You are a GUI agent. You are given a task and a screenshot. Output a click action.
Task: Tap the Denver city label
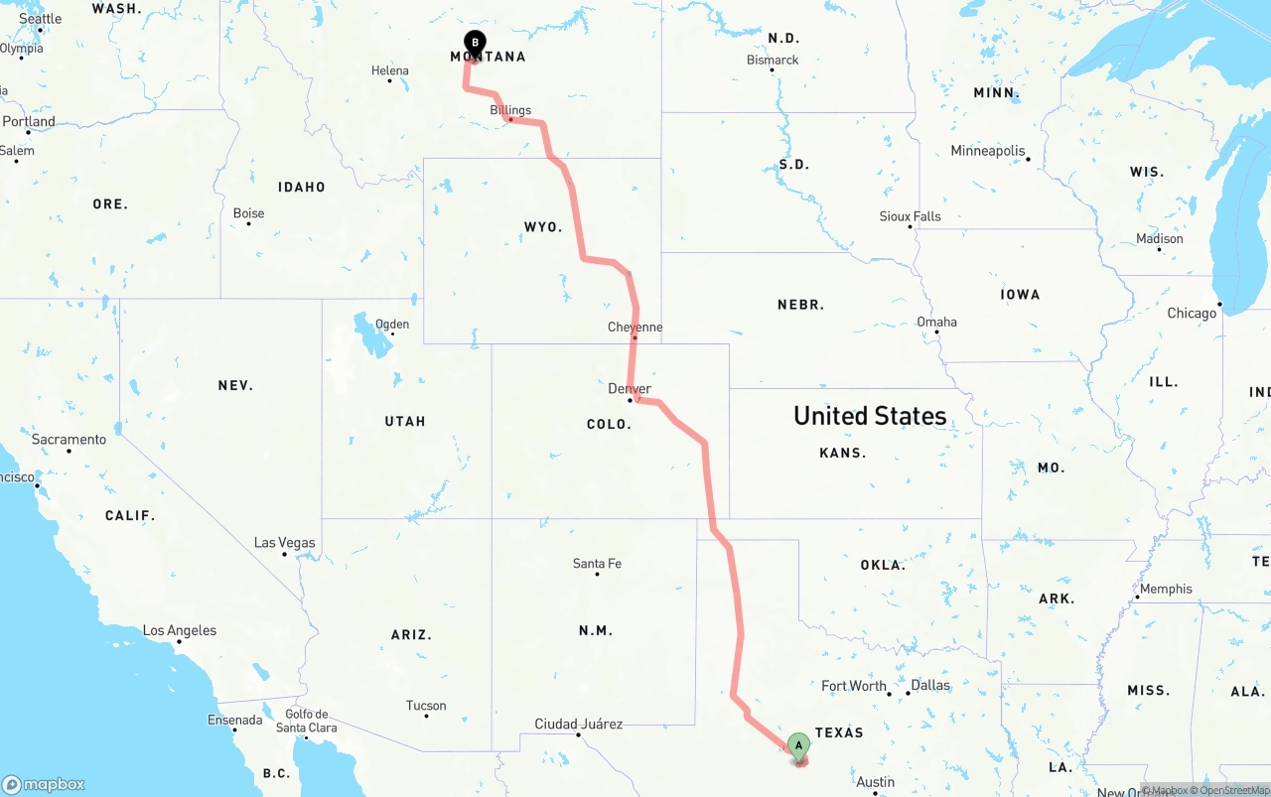click(x=630, y=389)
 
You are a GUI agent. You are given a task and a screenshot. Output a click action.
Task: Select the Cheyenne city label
click(x=635, y=328)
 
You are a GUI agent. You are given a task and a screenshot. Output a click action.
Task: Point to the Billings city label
click(x=510, y=110)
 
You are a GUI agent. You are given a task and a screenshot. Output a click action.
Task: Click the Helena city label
click(x=390, y=70)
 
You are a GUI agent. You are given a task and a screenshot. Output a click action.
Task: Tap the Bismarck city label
click(x=773, y=60)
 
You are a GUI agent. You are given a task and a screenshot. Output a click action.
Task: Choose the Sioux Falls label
click(x=910, y=216)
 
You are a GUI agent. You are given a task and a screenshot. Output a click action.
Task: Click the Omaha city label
click(x=936, y=322)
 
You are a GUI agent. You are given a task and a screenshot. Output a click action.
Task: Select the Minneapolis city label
click(x=988, y=151)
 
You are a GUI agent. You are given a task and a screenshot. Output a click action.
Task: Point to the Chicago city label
click(x=1192, y=313)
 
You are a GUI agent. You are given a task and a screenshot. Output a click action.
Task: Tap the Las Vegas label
click(x=285, y=543)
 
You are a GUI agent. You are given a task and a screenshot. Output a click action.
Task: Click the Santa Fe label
click(x=597, y=564)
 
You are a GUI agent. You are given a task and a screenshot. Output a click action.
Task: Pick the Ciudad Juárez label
click(x=579, y=724)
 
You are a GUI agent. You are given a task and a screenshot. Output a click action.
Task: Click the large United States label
click(x=870, y=416)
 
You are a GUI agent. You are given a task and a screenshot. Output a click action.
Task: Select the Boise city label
click(x=248, y=213)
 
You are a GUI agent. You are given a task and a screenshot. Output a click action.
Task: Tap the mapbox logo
click(x=44, y=784)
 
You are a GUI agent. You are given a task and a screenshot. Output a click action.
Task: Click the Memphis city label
click(x=1166, y=589)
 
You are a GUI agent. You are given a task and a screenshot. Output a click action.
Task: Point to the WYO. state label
click(x=543, y=227)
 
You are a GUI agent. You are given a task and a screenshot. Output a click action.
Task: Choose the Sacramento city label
click(x=69, y=440)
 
